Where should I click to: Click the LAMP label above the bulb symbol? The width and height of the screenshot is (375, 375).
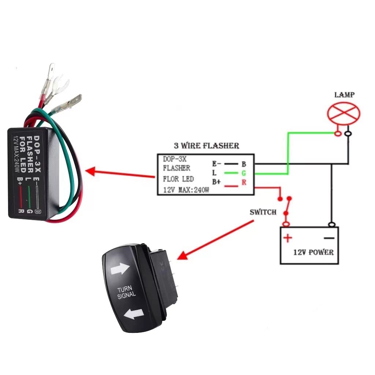point(344,95)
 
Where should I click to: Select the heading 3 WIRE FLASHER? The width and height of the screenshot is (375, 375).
point(206,145)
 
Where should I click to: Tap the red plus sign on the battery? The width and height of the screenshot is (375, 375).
point(288,238)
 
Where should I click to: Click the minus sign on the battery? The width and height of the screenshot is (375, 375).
point(329,238)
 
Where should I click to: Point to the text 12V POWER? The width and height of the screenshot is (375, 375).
point(313,252)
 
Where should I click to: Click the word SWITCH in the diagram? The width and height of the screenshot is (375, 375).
point(263,212)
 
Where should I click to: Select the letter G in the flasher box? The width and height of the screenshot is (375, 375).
point(244,173)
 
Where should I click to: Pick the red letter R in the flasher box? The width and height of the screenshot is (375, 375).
point(244,182)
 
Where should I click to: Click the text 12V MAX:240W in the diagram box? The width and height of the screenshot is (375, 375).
point(186,190)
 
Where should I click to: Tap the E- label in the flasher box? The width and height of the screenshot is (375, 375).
point(216,163)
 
